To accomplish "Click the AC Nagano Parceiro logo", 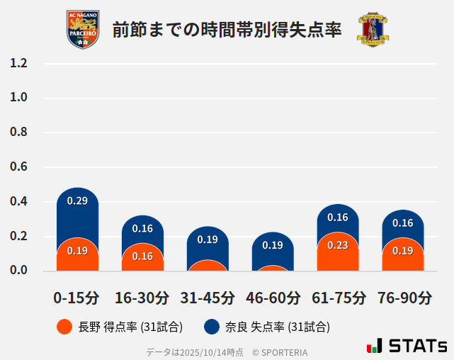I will click(82, 29).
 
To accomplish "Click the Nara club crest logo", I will click(373, 30).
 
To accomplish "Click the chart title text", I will click(227, 30).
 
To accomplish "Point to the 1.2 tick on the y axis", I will click(19, 63).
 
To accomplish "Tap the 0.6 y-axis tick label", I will click(19, 167).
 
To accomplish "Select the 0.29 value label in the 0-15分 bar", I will click(77, 201).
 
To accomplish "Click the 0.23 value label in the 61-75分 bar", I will click(338, 245).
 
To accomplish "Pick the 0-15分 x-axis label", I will click(77, 298).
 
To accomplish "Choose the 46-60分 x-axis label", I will click(273, 298).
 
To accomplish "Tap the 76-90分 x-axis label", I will click(403, 298).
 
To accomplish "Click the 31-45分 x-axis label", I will click(208, 298).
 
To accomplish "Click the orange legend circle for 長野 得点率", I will click(64, 327).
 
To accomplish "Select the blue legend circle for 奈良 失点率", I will click(211, 327).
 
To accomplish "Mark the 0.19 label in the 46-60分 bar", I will click(273, 245).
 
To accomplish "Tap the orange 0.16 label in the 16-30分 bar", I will click(142, 256).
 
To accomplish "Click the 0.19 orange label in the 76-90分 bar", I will click(403, 250).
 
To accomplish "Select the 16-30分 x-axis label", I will click(142, 298).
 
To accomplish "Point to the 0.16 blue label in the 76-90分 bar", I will click(403, 223).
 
